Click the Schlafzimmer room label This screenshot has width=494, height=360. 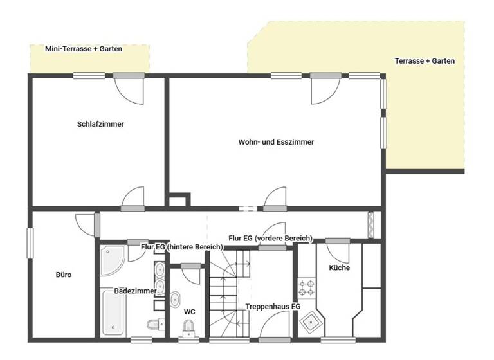pyautogui.click(x=100, y=124)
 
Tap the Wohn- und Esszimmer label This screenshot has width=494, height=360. pyautogui.click(x=277, y=142)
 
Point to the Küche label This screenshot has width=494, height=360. pyautogui.click(x=339, y=267)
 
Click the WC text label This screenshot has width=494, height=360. pyautogui.click(x=189, y=312)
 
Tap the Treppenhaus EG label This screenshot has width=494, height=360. pyautogui.click(x=273, y=307)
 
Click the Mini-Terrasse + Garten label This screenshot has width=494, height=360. pyautogui.click(x=84, y=49)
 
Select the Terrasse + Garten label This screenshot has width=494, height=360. pyautogui.click(x=425, y=62)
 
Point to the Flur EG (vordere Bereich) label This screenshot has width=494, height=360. pyautogui.click(x=270, y=238)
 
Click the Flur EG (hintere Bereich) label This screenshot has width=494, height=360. pyautogui.click(x=182, y=246)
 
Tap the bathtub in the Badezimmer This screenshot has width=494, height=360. pyautogui.click(x=114, y=312)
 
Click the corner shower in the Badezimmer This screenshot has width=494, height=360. pyautogui.click(x=114, y=259)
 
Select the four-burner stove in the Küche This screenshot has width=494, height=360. pyautogui.click(x=306, y=286)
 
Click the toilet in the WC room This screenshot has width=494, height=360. pyautogui.click(x=187, y=329)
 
